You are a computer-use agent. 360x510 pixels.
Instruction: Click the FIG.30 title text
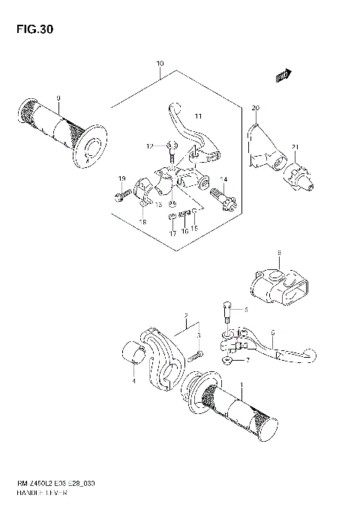click(31, 30)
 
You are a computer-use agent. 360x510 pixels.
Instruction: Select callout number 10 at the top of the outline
click(159, 64)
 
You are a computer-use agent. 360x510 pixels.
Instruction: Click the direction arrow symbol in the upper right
click(283, 74)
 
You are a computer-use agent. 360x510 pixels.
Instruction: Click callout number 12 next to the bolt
click(149, 145)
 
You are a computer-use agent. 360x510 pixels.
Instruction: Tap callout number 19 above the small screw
click(121, 178)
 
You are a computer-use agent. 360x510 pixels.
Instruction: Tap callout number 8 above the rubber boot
click(278, 253)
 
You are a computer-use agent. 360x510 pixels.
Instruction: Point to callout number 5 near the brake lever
click(273, 332)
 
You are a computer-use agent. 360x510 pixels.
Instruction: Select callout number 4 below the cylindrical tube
click(134, 381)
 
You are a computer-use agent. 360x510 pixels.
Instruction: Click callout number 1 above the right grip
click(241, 385)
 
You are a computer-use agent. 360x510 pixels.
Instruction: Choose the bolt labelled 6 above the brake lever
click(224, 309)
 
